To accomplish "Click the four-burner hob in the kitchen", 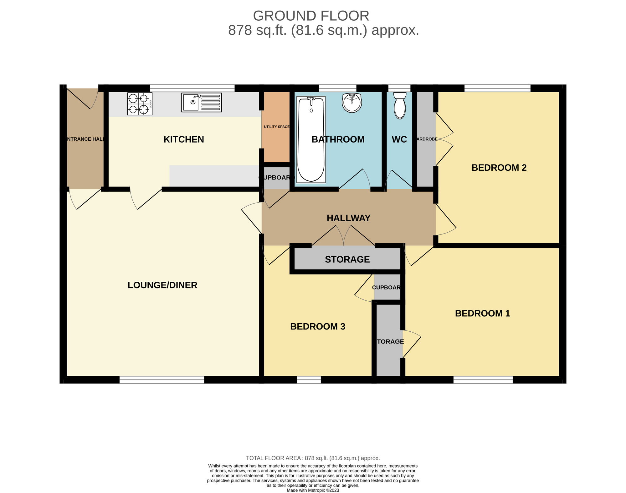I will point(140,104).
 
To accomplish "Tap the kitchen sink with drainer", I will point(201,102).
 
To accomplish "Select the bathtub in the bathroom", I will point(311,139).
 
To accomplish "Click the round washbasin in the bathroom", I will point(352,102).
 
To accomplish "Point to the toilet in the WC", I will point(400,105).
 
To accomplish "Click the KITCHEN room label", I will point(184,139).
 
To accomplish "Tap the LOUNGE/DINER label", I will point(162,285).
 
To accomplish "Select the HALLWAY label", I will point(348,218).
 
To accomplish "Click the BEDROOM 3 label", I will point(317,326).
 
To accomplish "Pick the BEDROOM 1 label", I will point(482,313).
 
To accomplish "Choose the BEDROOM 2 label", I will point(499,168).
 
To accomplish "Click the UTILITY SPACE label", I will point(277,127).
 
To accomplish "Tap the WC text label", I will point(399,139).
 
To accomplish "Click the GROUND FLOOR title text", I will point(311,16).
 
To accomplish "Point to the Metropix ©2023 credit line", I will point(313,490).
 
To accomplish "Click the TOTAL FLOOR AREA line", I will point(313,458).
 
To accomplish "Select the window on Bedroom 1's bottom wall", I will point(483,380).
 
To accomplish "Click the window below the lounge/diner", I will point(162,380).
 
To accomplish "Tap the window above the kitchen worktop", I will point(192,88).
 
